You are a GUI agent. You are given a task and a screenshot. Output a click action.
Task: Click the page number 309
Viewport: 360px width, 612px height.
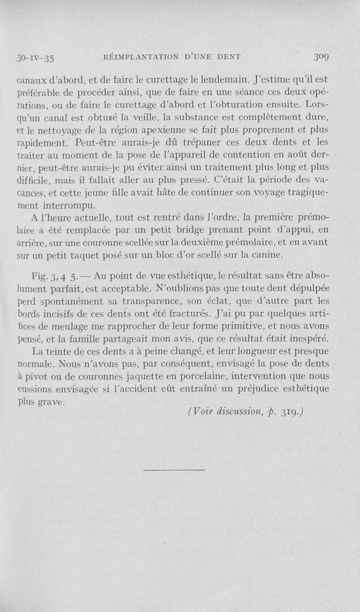(x=330, y=57)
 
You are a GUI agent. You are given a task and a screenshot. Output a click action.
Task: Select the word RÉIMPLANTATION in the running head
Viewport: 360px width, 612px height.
(x=141, y=57)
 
